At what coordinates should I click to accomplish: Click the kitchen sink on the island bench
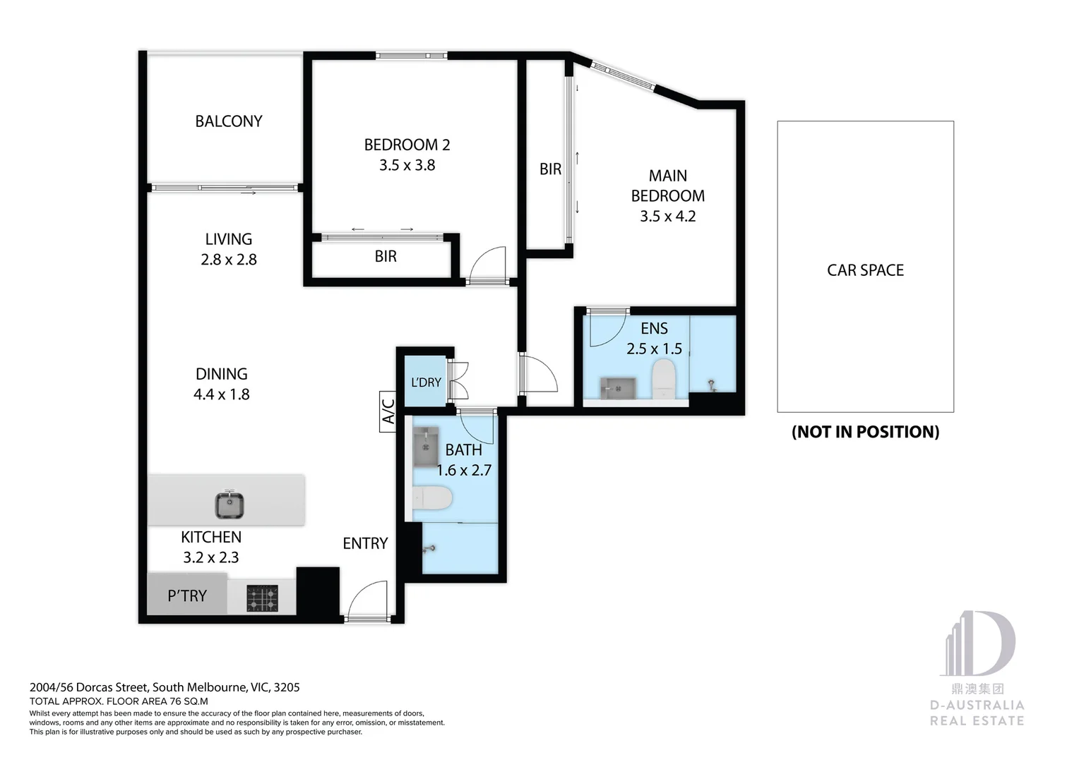click(x=229, y=504)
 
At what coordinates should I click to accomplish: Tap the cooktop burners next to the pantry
click(x=262, y=598)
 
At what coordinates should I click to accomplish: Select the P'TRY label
click(x=187, y=596)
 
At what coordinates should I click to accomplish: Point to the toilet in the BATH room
click(x=432, y=498)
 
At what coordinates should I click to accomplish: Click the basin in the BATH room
click(x=425, y=447)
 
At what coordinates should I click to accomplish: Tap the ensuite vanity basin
click(x=618, y=388)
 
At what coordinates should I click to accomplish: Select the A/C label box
click(x=388, y=411)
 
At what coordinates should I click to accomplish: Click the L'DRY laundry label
click(x=426, y=382)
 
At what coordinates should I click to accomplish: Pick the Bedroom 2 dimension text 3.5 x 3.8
click(x=407, y=165)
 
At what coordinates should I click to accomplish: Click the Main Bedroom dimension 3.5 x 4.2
click(x=667, y=217)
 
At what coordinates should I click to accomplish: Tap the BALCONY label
click(x=228, y=121)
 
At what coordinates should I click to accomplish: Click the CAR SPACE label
click(x=865, y=270)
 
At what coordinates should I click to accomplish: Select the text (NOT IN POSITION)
click(x=865, y=432)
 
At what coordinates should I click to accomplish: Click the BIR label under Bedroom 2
click(x=386, y=257)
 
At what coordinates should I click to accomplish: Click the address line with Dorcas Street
click(x=165, y=687)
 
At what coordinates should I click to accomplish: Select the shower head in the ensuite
click(x=712, y=385)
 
